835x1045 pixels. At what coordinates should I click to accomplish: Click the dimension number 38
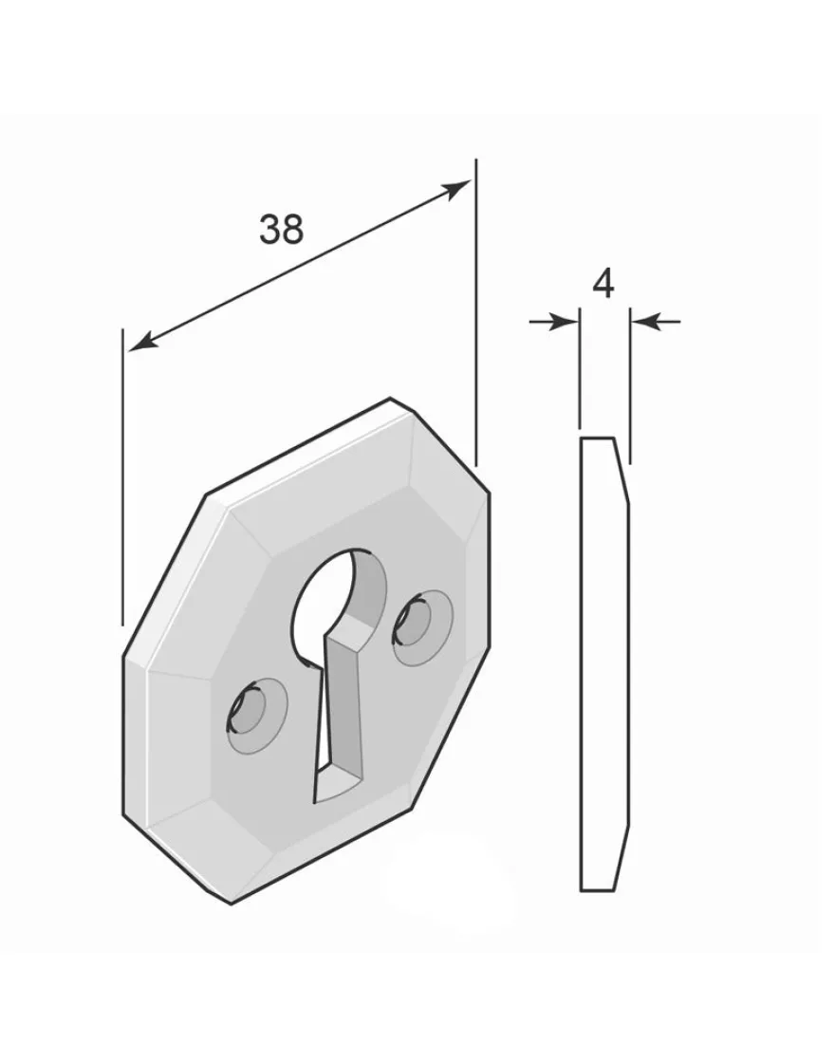coord(281,229)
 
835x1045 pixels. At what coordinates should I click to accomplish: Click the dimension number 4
coord(603,285)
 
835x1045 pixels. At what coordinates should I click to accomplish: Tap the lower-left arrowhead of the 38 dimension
coord(143,341)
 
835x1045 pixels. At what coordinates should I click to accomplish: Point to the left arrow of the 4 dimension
coord(554,322)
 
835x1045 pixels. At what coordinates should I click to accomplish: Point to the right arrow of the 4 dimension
coord(656,322)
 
